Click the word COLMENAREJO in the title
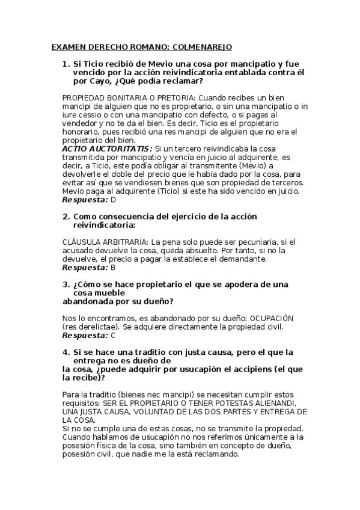pyautogui.click(x=202, y=46)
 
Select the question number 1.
pyautogui.click(x=66, y=63)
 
